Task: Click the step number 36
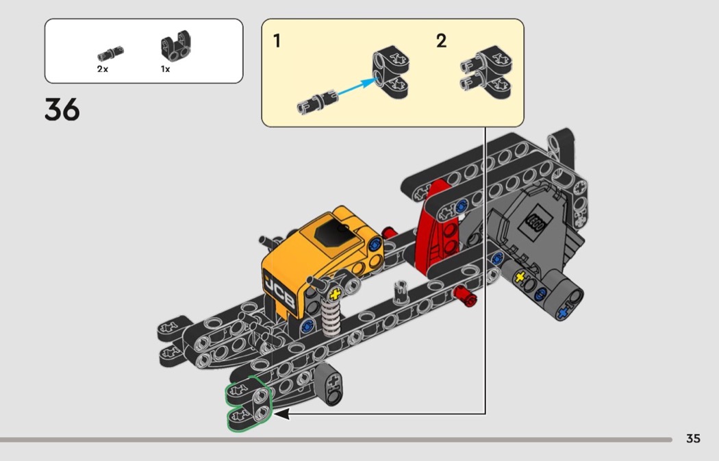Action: point(62,110)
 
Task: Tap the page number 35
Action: point(693,438)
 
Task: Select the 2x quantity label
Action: point(102,68)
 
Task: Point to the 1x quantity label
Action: point(165,68)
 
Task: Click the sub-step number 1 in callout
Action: point(277,41)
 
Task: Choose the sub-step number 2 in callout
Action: point(441,41)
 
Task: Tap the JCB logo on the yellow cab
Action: point(279,292)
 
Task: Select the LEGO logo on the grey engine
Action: point(535,224)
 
